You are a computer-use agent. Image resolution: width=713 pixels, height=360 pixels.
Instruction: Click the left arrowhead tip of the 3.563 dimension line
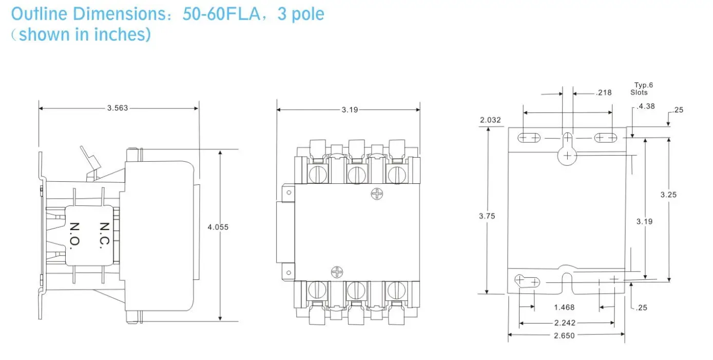point(39,108)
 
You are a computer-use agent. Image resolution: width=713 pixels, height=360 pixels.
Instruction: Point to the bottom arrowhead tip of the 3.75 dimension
point(487,294)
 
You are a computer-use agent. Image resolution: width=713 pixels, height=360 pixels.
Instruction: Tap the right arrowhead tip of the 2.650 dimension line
point(625,334)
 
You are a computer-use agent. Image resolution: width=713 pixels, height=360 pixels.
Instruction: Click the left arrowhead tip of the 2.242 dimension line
point(519,323)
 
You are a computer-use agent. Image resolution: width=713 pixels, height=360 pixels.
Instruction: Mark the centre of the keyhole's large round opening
point(567,156)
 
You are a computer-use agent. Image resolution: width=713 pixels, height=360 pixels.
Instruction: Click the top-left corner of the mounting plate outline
point(508,128)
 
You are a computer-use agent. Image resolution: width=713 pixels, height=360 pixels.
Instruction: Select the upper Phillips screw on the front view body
point(377,194)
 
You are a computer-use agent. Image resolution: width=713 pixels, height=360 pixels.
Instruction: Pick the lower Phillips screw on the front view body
point(337,272)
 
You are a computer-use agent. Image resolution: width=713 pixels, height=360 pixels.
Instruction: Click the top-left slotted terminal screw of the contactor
point(318,174)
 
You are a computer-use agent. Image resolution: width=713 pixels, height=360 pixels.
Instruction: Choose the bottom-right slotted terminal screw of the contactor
point(396,290)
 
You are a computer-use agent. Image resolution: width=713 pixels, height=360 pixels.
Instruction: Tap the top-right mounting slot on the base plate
point(605,138)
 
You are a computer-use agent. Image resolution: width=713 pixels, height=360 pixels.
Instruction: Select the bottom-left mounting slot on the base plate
point(527,281)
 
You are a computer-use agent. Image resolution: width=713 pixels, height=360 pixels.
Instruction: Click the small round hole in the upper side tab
point(288,193)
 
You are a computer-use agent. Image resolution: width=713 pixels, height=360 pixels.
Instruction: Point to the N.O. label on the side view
point(74,236)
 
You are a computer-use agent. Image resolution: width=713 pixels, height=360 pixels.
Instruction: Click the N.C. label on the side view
point(104,235)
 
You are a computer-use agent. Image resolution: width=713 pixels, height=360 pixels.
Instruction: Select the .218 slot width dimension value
point(604,93)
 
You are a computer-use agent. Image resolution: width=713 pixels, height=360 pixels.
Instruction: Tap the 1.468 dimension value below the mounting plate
point(564,308)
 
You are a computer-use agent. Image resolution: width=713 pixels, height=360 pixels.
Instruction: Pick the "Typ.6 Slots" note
point(641,89)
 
